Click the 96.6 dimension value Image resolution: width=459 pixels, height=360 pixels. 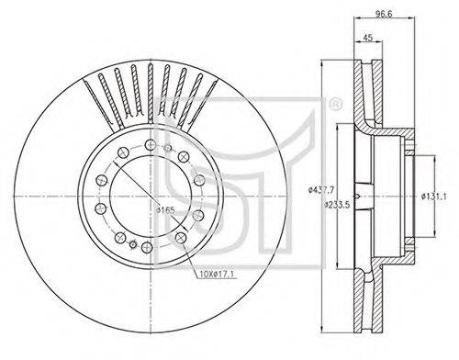[x=384, y=13]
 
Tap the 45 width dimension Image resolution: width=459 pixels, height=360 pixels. [x=368, y=38]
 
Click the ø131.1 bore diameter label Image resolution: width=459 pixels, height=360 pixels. [x=433, y=197]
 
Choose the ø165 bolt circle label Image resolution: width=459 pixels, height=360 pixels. [x=165, y=210]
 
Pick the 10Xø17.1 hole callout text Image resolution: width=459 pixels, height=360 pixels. [x=217, y=275]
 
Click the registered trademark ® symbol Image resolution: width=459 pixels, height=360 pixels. [x=335, y=104]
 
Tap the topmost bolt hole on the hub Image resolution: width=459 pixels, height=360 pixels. [x=151, y=144]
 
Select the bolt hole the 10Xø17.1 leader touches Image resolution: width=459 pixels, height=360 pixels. [x=181, y=237]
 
